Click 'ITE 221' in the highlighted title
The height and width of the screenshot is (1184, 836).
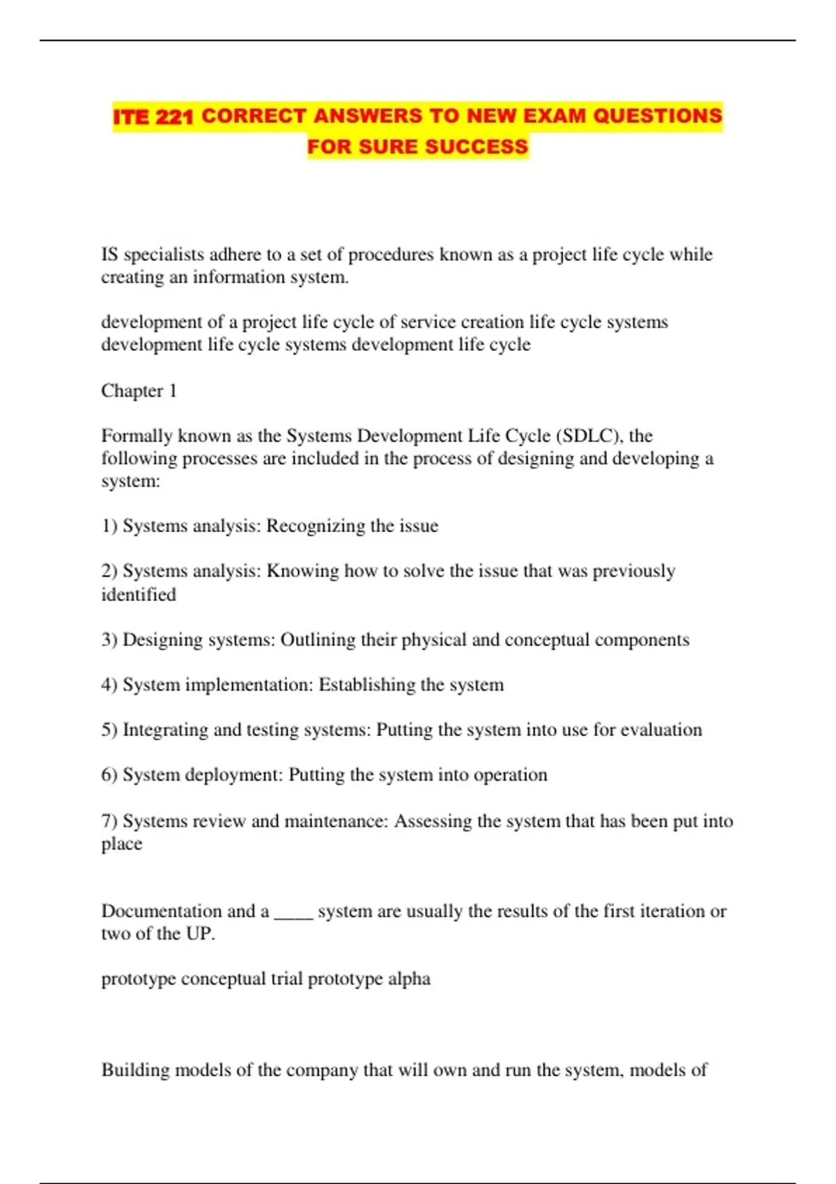(153, 116)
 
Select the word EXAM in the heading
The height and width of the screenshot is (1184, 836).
(554, 116)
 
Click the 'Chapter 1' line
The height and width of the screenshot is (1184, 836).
(139, 391)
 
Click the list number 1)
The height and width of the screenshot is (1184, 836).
(109, 526)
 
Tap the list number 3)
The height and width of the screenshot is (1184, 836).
(109, 640)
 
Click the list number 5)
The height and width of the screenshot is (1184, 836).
(109, 730)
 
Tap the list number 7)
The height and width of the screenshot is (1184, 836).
(109, 821)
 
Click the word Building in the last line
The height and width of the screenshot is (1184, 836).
(135, 1070)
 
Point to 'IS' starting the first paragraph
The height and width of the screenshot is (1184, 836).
(109, 255)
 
